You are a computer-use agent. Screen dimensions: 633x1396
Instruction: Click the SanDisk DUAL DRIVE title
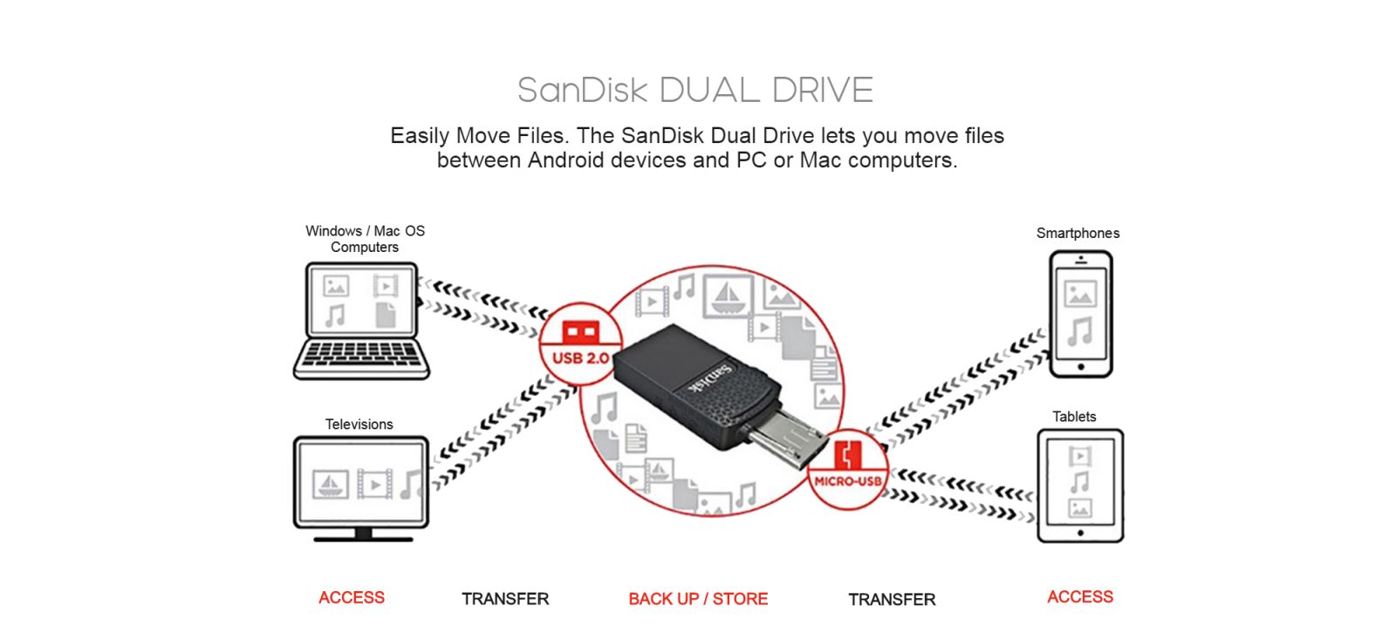point(695,91)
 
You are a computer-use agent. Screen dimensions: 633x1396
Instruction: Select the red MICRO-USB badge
point(847,468)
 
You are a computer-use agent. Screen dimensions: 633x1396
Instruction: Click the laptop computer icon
point(361,321)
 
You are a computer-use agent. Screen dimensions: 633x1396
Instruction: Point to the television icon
point(361,487)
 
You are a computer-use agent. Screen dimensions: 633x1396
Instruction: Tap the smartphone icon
point(1080,314)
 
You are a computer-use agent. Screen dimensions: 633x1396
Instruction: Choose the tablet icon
point(1080,486)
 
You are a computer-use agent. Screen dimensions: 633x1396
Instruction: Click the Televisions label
point(359,425)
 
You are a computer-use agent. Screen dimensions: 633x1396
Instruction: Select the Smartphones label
point(1078,234)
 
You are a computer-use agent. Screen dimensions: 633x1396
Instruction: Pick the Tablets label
point(1074,417)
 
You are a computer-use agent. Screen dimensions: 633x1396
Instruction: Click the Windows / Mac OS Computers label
point(365,239)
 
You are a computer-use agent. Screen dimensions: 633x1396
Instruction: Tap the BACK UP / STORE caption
point(698,599)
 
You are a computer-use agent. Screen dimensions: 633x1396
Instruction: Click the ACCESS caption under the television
point(352,598)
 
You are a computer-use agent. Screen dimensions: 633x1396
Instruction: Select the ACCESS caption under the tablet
point(1080,597)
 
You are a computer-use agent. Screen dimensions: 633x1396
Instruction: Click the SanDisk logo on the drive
point(708,378)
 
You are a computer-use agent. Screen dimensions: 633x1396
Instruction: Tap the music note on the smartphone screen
point(1080,331)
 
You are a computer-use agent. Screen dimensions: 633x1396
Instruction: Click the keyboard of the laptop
point(361,357)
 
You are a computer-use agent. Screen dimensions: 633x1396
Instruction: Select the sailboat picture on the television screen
point(331,484)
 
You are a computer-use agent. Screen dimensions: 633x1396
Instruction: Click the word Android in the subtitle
point(565,160)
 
